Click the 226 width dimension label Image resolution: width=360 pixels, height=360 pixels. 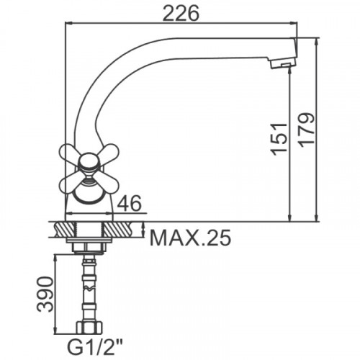coord(181,13)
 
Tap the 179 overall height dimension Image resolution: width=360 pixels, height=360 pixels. coord(306,130)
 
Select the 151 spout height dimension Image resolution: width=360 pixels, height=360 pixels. coord(279,139)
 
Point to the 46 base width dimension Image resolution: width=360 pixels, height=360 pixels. coord(129,203)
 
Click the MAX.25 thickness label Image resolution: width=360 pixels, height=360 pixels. coord(190,238)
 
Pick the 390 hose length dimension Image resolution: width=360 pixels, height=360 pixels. coord(45,294)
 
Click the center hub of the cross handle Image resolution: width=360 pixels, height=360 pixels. coord(88,161)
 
